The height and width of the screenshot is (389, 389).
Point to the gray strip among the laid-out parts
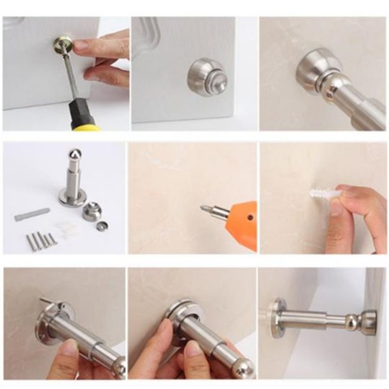click(32, 214)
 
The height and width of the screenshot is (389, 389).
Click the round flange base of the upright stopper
click(72, 197)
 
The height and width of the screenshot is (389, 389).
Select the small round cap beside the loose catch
click(102, 226)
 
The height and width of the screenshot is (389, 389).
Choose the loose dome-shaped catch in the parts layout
click(91, 211)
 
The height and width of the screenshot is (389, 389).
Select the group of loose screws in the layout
click(41, 241)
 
